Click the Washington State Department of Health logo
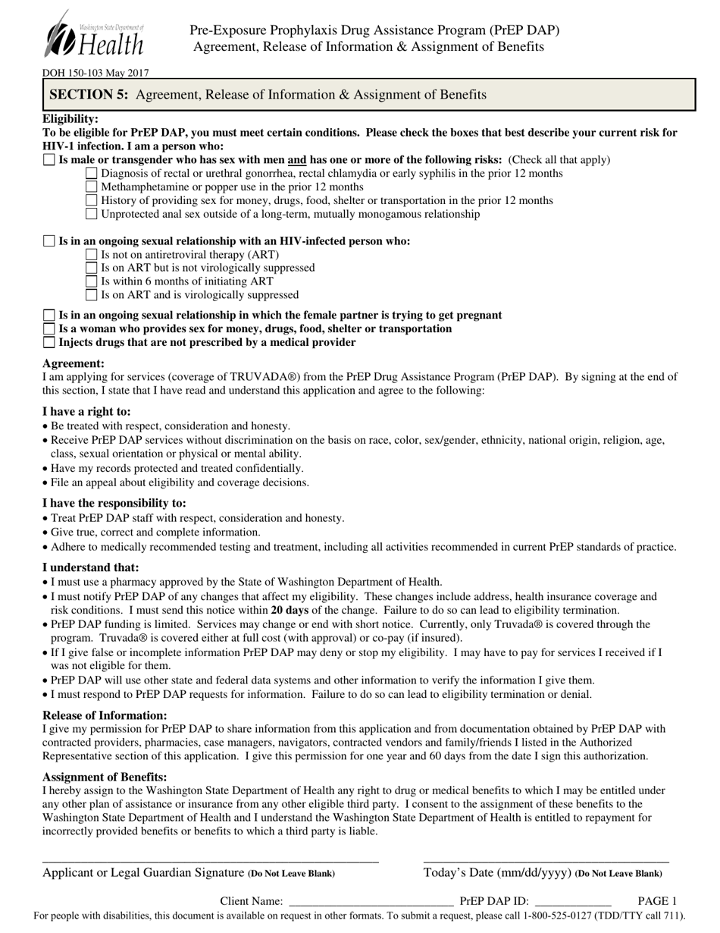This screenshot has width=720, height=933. pyautogui.click(x=94, y=35)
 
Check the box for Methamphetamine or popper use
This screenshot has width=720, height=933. pyautogui.click(x=92, y=187)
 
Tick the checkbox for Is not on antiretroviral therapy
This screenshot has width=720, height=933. pyautogui.click(x=92, y=255)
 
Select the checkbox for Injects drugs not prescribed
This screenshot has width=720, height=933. pyautogui.click(x=49, y=343)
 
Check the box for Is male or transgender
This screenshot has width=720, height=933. pyautogui.click(x=49, y=160)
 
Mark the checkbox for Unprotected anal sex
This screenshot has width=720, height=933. pyautogui.click(x=92, y=215)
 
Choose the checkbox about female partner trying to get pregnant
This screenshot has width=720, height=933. pyautogui.click(x=49, y=316)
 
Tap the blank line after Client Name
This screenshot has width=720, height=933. pyautogui.click(x=371, y=903)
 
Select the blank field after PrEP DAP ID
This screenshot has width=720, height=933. pyautogui.click(x=573, y=903)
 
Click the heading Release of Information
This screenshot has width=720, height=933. pyautogui.click(x=105, y=715)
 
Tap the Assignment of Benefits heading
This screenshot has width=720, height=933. pyautogui.click(x=105, y=777)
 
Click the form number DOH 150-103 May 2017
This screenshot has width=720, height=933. pyautogui.click(x=95, y=74)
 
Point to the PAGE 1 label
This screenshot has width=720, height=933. pyautogui.click(x=657, y=901)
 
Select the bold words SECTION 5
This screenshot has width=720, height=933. pyautogui.click(x=89, y=95)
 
